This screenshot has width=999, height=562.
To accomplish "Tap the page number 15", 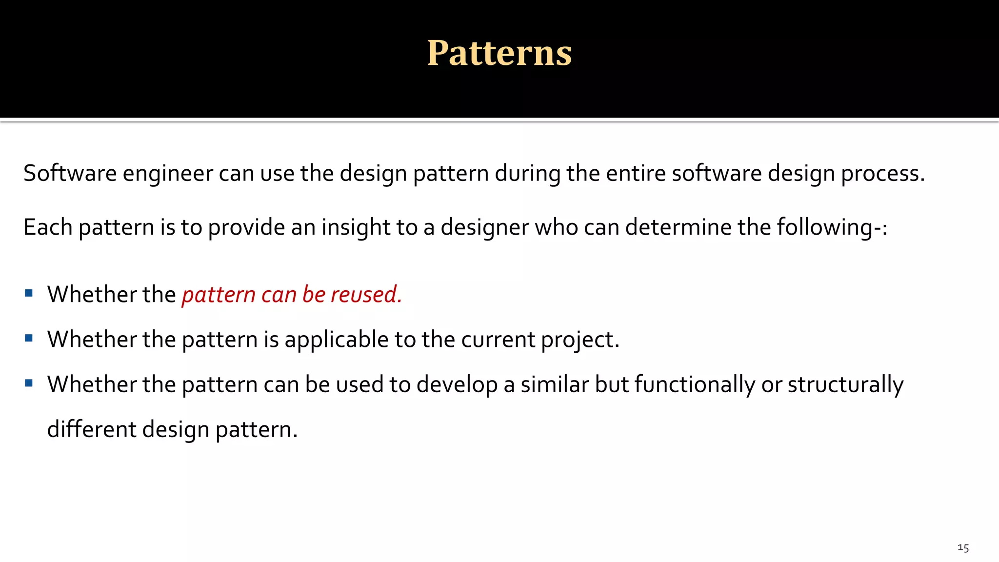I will [x=963, y=548].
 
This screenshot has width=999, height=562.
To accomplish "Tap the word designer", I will [x=484, y=228].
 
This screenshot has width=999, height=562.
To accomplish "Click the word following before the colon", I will [x=823, y=228].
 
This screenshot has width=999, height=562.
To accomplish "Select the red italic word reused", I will [x=366, y=295].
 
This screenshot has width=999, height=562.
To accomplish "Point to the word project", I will [x=579, y=340].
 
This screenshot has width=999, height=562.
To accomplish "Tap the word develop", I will [x=457, y=385].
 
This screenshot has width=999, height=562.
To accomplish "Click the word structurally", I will [x=845, y=385].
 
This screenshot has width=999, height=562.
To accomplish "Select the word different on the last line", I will [x=92, y=430].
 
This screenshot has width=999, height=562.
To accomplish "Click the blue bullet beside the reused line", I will [x=29, y=293].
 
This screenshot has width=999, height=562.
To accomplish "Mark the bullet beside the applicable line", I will [x=29, y=338].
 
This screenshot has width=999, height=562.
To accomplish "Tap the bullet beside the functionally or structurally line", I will [x=29, y=383].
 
